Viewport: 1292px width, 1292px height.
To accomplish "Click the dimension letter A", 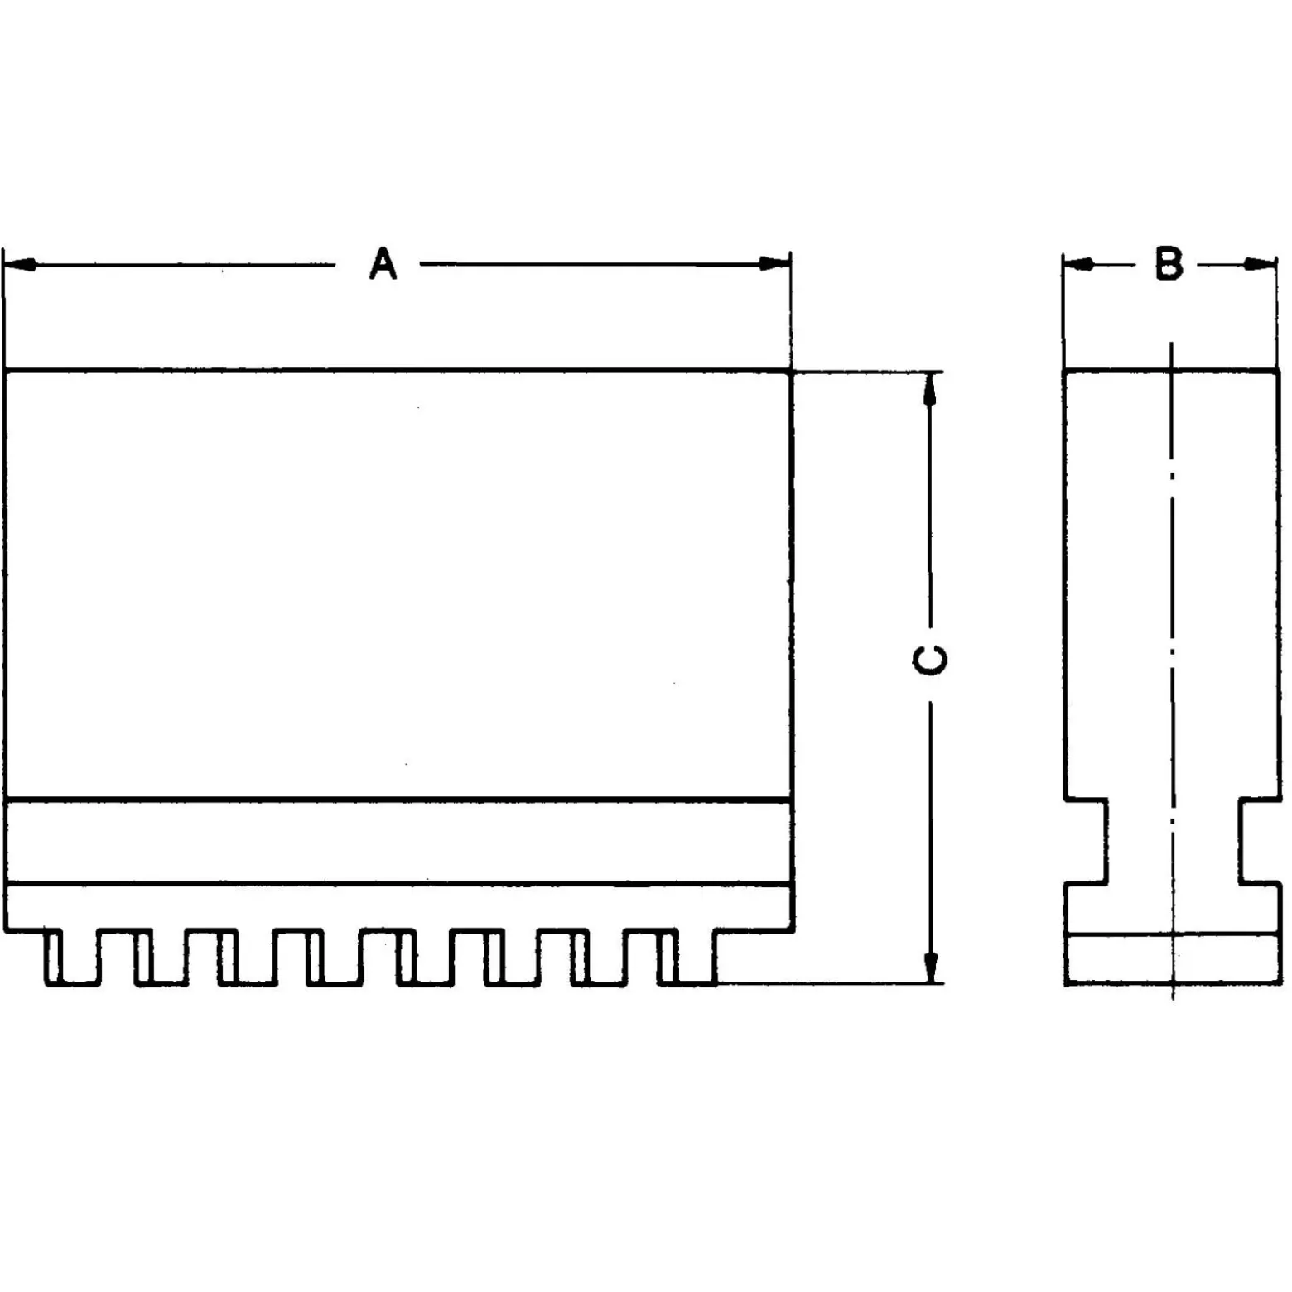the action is pos(383,264).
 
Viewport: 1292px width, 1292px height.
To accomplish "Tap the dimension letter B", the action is pos(1169,264).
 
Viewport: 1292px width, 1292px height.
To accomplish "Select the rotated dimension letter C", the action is pos(929,660).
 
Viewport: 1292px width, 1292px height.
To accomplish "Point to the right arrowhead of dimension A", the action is pos(774,264).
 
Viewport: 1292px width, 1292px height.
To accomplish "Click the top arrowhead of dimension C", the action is pos(930,388).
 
